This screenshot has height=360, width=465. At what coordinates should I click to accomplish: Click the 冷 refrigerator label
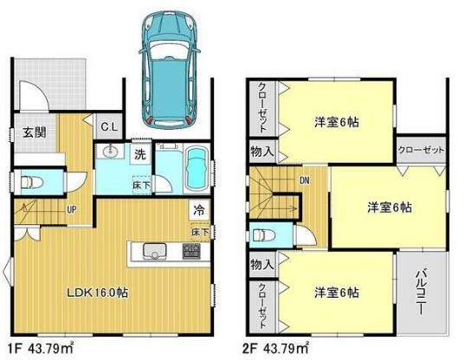[198, 209]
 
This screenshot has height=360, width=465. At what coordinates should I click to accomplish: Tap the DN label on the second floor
[304, 180]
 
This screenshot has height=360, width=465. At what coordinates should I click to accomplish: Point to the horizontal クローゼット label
[421, 149]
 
